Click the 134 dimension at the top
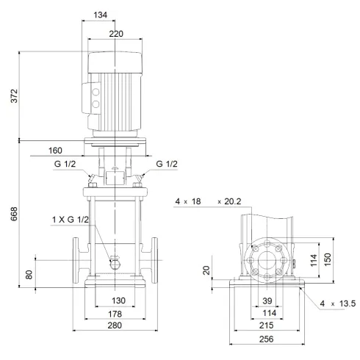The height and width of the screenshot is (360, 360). tap(109, 15)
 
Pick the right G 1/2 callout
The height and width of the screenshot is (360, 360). tap(167, 164)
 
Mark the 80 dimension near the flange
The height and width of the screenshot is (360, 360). tap(29, 274)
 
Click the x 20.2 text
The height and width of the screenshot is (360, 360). tap(231, 201)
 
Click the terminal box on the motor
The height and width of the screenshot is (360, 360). tap(94, 99)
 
